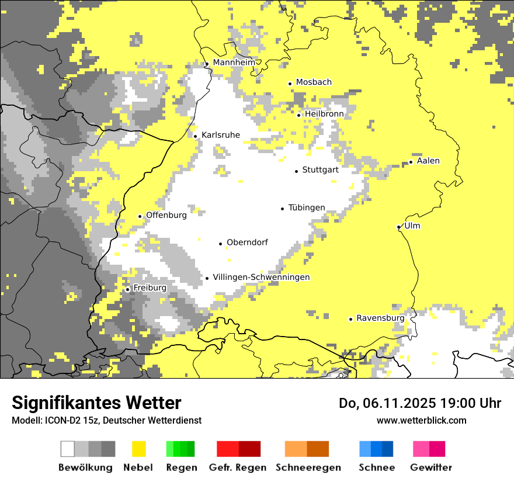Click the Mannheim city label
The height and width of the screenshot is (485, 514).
click(234, 63)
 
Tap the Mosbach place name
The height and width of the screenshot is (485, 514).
click(314, 82)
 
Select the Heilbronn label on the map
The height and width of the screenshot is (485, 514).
click(324, 114)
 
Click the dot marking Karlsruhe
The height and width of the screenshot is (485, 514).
click(196, 136)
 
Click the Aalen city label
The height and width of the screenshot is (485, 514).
click(428, 161)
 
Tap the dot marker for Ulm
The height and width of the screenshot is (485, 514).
click(398, 227)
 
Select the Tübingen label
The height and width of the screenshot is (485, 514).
click(307, 208)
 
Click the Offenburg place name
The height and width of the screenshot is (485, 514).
click(166, 215)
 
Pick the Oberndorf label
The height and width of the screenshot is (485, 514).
click(247, 243)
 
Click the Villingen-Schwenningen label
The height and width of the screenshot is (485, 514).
click(261, 278)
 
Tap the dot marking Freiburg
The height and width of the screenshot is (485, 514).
click(127, 289)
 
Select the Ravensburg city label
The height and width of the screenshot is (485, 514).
click(380, 318)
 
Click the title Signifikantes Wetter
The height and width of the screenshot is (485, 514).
click(96, 403)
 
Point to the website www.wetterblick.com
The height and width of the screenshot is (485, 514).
click(421, 420)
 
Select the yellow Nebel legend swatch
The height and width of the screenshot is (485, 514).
click(138, 449)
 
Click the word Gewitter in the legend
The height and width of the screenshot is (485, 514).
click(430, 467)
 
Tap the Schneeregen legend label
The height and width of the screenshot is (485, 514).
click(308, 467)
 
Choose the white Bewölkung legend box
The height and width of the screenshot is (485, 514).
click(67, 449)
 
